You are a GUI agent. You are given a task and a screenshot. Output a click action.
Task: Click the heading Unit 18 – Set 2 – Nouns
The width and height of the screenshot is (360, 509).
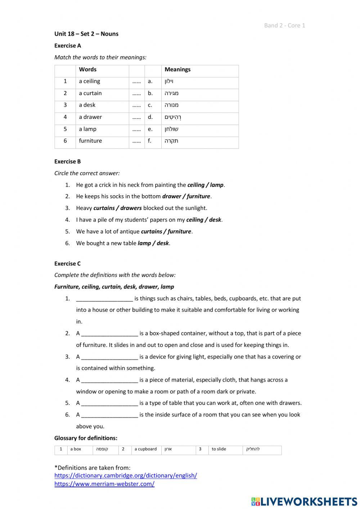coord(86,34)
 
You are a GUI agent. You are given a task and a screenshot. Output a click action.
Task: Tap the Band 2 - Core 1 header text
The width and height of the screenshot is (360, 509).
coord(284,25)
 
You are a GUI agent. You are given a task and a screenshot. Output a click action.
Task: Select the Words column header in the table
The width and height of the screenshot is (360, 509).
coord(88,70)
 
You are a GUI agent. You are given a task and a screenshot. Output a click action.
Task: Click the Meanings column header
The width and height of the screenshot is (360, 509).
coord(177,70)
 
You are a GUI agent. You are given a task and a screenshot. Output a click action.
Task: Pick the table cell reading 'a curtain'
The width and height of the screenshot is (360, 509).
coord(90,93)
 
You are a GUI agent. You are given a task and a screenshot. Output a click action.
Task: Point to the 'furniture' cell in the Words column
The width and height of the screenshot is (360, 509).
coord(90,141)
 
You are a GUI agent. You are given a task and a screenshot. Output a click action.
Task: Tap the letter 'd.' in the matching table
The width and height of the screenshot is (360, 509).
coord(150,117)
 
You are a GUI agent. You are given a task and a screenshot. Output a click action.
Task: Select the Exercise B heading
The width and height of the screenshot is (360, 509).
coord(68,161)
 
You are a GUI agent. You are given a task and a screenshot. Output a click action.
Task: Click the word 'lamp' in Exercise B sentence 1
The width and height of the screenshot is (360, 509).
coord(217,185)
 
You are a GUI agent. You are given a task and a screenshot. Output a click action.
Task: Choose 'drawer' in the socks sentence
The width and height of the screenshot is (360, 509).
coord(171,197)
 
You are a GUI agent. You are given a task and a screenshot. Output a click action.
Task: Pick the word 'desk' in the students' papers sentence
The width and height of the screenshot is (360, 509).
coord(215,220)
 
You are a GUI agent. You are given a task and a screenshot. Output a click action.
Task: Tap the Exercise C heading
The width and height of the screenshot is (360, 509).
coord(68,264)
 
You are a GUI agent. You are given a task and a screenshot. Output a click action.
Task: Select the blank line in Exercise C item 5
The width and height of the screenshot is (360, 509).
coord(109,403)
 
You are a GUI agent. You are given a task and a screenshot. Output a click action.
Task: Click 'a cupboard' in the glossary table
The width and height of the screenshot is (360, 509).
coord(145,449)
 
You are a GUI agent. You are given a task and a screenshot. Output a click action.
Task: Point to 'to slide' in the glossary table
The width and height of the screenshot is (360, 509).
coord(219,449)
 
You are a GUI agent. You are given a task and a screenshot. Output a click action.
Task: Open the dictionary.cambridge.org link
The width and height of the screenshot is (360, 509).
coord(126,475)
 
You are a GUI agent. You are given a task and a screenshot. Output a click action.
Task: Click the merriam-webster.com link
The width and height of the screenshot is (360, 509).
coord(104,484)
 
